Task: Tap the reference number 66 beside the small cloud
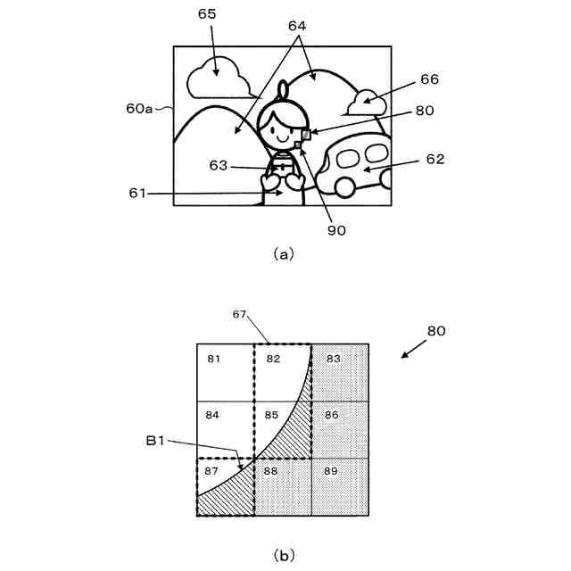pyautogui.click(x=429, y=79)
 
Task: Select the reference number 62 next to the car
pyautogui.click(x=434, y=160)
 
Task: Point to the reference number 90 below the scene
pyautogui.click(x=335, y=229)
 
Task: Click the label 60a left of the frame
pyautogui.click(x=139, y=108)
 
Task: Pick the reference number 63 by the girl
pyautogui.click(x=219, y=165)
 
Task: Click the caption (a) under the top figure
pyautogui.click(x=284, y=253)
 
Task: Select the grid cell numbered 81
pyautogui.click(x=226, y=373)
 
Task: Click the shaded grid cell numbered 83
pyautogui.click(x=340, y=373)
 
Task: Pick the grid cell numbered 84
pyautogui.click(x=226, y=430)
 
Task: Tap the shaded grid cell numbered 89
pyautogui.click(x=340, y=487)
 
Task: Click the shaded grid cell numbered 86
pyautogui.click(x=340, y=430)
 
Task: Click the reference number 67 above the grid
pyautogui.click(x=239, y=314)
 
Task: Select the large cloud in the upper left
pyautogui.click(x=217, y=79)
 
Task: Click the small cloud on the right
pyautogui.click(x=366, y=103)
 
